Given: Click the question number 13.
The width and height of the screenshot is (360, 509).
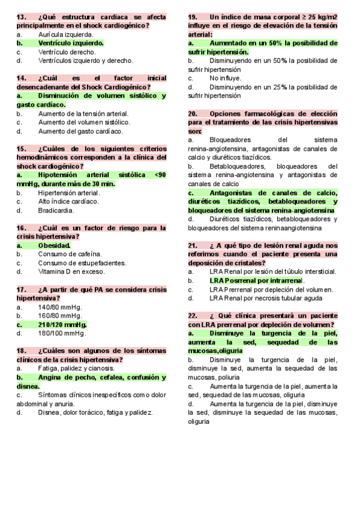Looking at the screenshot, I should (22, 17).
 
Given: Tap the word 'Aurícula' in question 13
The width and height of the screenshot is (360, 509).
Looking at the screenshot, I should (51, 35).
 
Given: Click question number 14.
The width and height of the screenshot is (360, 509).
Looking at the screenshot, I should (22, 79).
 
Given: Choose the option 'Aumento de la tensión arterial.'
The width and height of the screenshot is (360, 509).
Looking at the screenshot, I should (83, 113).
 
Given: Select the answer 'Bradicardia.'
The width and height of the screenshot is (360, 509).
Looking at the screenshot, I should (56, 211).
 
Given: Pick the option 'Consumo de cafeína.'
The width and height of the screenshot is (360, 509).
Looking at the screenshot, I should (70, 254).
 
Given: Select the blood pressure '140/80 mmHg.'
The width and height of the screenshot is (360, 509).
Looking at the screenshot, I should (60, 307).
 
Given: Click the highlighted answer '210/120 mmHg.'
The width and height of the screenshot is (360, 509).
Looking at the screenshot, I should (62, 324).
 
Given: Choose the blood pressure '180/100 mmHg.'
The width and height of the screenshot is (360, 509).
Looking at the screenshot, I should (62, 333).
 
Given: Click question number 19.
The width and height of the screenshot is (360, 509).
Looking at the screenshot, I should (193, 17).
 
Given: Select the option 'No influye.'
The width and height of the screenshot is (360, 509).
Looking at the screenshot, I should (226, 78).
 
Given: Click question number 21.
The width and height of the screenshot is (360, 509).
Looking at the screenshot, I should (193, 245).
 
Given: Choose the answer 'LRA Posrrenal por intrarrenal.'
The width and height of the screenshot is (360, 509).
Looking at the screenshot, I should (257, 280).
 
